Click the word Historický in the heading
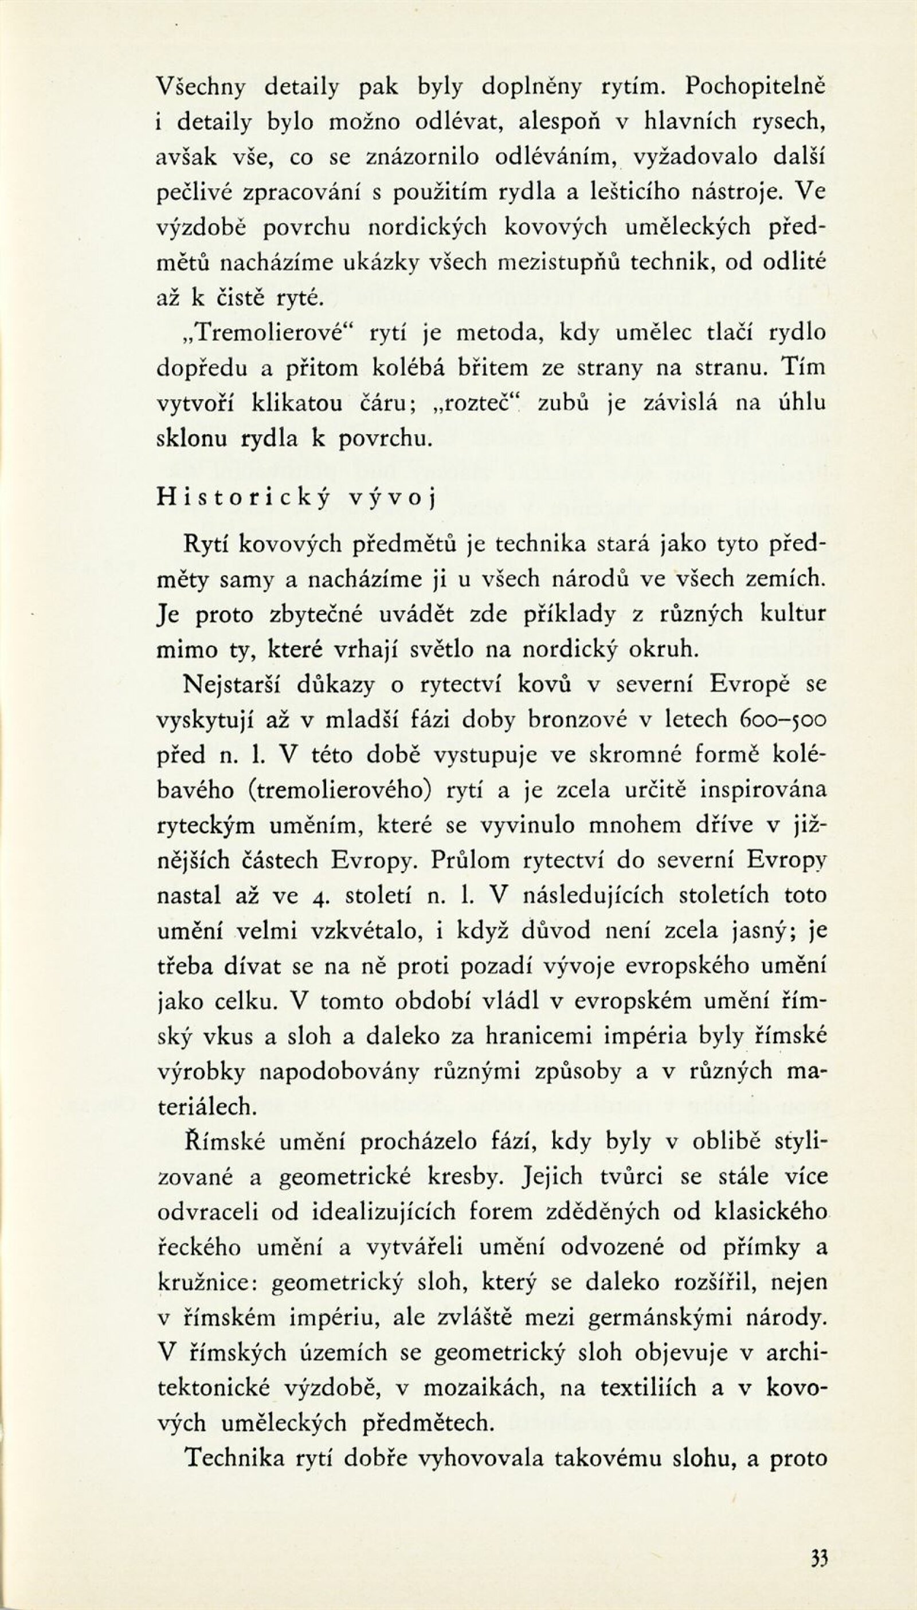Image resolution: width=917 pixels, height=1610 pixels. click(242, 497)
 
